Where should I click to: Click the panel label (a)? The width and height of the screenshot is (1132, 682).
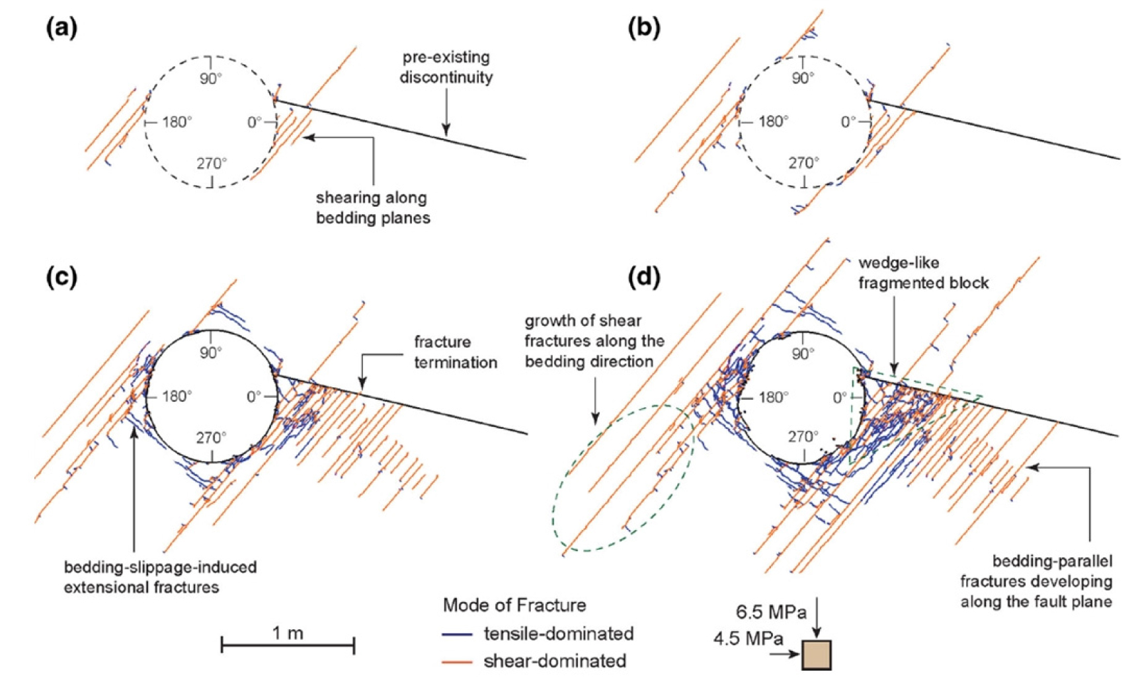(x=61, y=28)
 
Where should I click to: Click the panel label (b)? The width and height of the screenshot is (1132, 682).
(x=643, y=28)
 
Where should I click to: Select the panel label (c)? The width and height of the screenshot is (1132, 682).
(x=61, y=276)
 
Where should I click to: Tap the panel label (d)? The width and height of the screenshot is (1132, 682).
(x=643, y=276)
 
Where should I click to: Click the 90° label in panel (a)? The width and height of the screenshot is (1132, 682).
(x=210, y=78)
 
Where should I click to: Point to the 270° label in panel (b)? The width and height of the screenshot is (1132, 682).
(x=803, y=162)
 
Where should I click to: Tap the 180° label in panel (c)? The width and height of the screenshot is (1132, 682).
(x=177, y=396)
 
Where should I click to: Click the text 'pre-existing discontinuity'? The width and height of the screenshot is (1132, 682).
(x=446, y=67)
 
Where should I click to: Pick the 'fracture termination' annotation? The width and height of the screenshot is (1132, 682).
(x=455, y=352)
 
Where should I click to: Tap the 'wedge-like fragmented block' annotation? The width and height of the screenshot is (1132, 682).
(x=923, y=273)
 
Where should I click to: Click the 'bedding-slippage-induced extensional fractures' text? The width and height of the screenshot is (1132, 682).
(x=160, y=577)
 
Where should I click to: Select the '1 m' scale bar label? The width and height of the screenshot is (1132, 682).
(x=288, y=632)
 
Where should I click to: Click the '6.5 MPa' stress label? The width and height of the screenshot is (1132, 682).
(x=771, y=613)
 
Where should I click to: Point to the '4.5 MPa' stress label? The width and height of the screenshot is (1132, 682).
(x=748, y=639)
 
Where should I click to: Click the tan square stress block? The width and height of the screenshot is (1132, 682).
(x=817, y=655)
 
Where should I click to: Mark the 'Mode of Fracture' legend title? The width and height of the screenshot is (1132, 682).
(x=514, y=605)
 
